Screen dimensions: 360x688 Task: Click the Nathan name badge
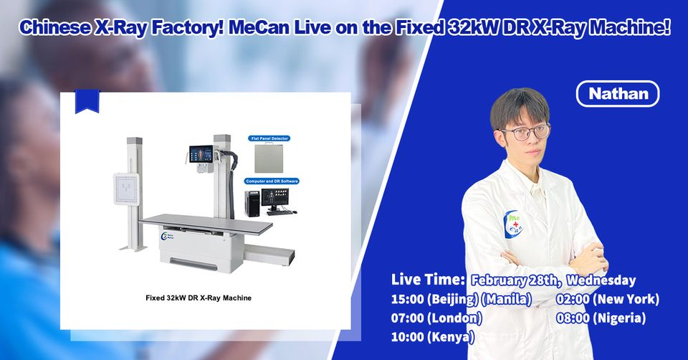pos(617,94)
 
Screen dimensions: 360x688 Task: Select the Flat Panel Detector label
pos(269,137)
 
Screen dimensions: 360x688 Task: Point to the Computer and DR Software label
pos(272,181)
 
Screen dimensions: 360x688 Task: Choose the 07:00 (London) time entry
pos(436,318)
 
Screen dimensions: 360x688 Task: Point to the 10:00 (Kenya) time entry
pos(433,336)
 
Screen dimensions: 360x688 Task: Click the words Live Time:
pos(429,279)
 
